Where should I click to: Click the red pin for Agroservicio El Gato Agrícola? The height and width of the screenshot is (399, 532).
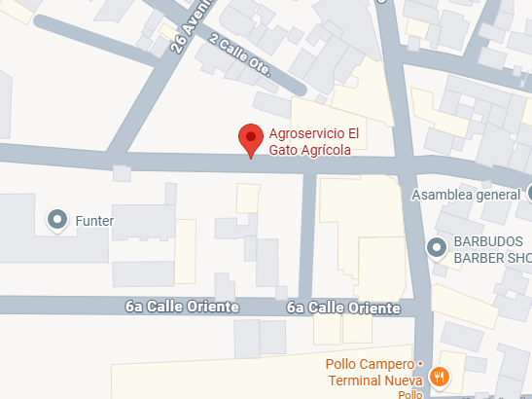click(252, 138)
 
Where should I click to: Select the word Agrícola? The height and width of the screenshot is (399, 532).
click(327, 151)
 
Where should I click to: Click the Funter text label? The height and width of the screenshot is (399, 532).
click(94, 221)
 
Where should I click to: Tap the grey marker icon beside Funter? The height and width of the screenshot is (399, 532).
click(57, 221)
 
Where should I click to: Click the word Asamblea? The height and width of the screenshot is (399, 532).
click(443, 195)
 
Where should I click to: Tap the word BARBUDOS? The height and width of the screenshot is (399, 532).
click(487, 241)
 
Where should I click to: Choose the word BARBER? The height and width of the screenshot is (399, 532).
click(477, 258)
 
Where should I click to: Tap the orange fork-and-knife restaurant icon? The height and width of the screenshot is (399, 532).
click(440, 377)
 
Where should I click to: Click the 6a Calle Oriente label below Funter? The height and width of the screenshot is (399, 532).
click(182, 307)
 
